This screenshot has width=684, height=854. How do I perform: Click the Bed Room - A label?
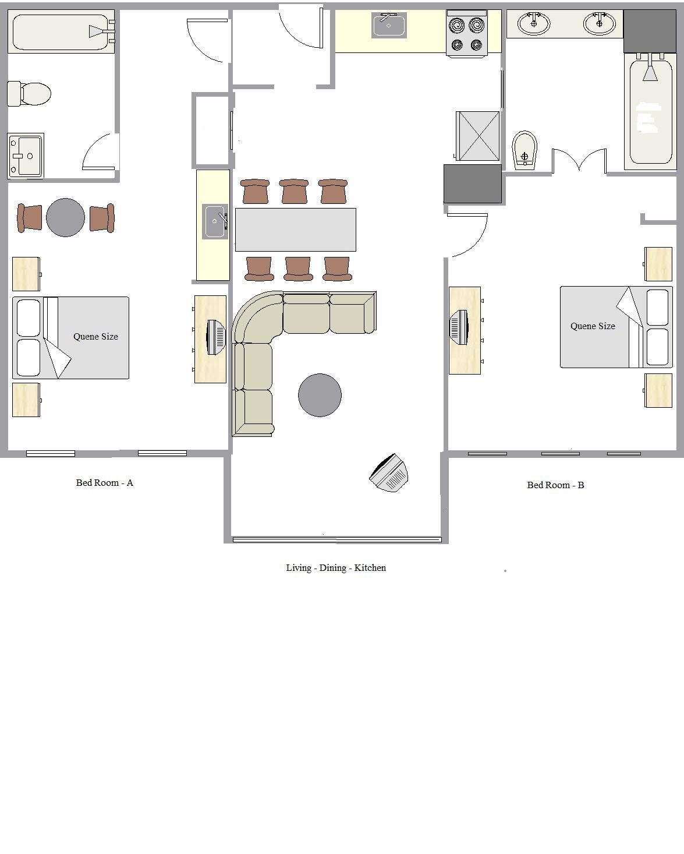tap(105, 483)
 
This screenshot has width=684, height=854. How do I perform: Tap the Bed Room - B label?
tap(555, 485)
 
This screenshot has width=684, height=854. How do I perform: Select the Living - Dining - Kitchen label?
tap(336, 568)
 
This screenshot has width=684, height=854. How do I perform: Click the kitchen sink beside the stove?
tap(389, 25)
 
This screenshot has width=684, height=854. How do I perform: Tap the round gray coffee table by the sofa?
tap(320, 395)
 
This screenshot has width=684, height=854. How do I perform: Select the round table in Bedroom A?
tap(66, 217)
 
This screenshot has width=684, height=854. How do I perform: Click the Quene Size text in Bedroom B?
tap(593, 326)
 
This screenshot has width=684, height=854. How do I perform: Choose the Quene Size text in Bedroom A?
tap(95, 337)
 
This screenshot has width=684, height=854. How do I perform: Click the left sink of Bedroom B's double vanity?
tap(534, 24)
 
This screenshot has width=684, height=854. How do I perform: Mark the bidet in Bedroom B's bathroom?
tap(524, 150)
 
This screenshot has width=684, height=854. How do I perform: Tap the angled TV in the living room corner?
tap(389, 473)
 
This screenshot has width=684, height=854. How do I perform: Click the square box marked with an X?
tap(477, 136)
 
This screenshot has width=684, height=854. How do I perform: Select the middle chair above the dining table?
tap(294, 191)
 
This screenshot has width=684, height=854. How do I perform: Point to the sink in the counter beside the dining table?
tap(215, 221)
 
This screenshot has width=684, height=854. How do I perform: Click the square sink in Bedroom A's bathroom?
tap(26, 156)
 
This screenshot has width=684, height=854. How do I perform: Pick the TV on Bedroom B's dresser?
tap(460, 327)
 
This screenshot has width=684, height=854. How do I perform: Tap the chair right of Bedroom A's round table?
tap(102, 218)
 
